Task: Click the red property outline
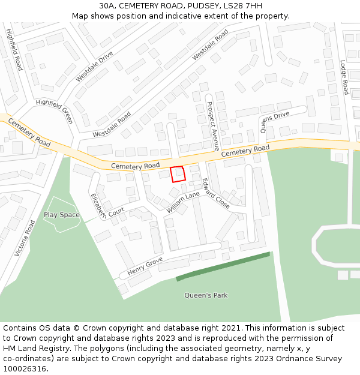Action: [178, 174]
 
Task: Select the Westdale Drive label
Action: [94, 67]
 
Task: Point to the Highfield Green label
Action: [55, 110]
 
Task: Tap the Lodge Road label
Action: [344, 77]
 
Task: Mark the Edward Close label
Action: [215, 193]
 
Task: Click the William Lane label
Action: [183, 202]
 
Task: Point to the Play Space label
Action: [61, 215]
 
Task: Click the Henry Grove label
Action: [145, 267]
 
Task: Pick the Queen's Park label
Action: [206, 295]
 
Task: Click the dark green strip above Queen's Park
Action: [223, 266]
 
